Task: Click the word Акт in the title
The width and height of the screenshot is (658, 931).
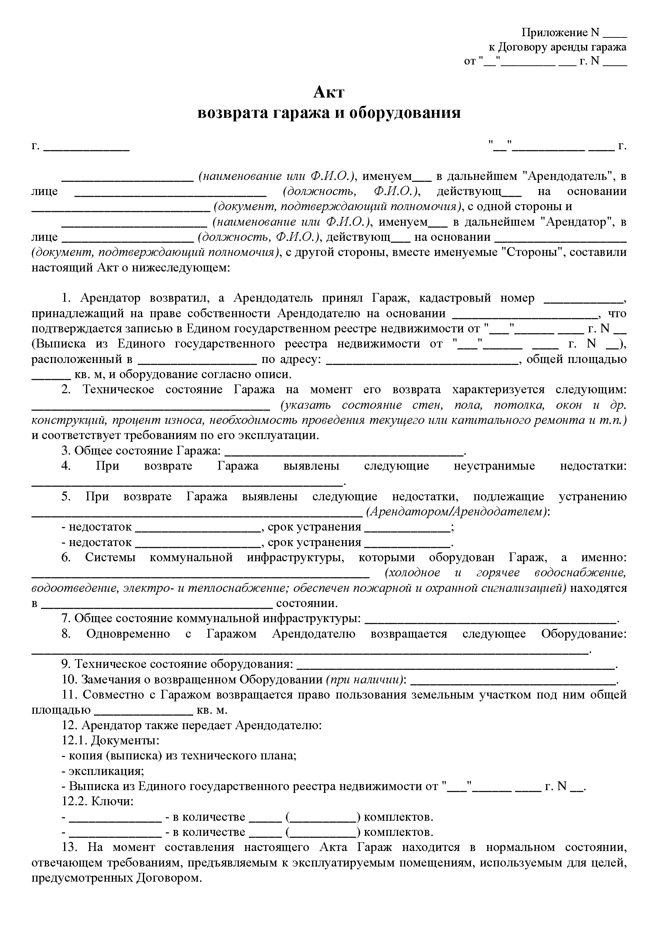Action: (329, 92)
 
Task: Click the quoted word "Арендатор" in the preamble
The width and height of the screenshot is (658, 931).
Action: (575, 222)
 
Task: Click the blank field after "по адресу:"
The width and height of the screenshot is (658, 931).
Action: (422, 360)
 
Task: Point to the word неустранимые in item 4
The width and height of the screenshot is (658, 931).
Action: (494, 466)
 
